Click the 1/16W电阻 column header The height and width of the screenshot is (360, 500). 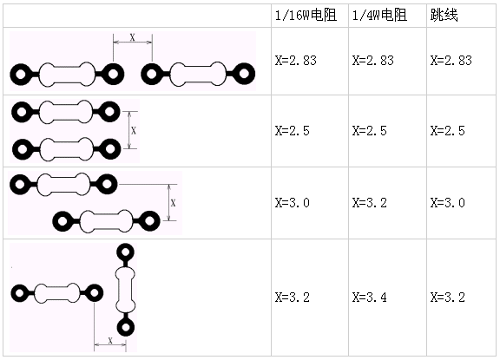[306, 15]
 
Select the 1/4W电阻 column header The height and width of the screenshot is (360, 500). [379, 15]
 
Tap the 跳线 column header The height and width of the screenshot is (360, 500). [444, 15]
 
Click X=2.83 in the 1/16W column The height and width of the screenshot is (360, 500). [296, 60]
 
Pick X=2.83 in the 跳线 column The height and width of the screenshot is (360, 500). [451, 60]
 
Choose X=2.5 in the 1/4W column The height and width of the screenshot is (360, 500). [369, 131]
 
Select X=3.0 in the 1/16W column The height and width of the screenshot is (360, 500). [292, 203]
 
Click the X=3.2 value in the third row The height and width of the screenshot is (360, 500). [369, 203]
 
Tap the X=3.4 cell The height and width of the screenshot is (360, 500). [369, 298]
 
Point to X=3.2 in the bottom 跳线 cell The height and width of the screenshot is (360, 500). [447, 298]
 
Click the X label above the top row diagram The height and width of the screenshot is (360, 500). [132, 37]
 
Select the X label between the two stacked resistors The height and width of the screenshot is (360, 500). [134, 130]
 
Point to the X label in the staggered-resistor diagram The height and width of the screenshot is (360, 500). [173, 203]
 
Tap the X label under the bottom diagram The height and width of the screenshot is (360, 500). [110, 340]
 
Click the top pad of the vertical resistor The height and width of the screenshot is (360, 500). [126, 252]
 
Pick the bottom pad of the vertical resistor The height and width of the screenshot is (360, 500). [126, 327]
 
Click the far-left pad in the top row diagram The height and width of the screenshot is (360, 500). [21, 75]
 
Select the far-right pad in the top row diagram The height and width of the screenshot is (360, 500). [244, 74]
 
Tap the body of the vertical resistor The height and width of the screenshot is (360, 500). [125, 290]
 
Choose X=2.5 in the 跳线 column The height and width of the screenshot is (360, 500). [447, 131]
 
